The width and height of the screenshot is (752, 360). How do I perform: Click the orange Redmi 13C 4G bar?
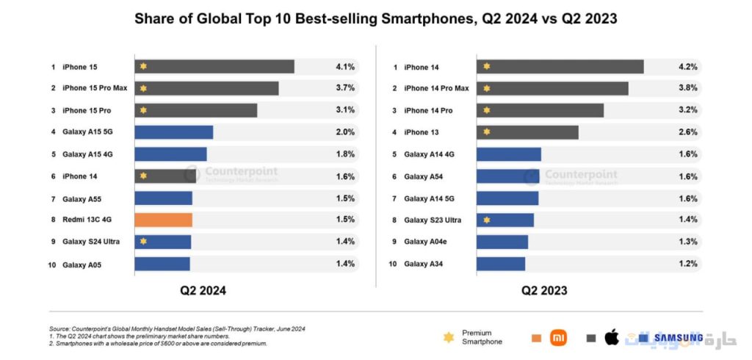pos(163,220)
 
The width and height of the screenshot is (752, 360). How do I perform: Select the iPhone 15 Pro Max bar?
pos(206,88)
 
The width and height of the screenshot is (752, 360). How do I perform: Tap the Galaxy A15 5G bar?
pos(173,132)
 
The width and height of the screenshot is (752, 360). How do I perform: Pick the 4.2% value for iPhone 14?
pos(687,67)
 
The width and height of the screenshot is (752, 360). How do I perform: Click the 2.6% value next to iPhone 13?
pos(687,132)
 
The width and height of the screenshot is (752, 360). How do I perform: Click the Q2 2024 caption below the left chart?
pos(203,290)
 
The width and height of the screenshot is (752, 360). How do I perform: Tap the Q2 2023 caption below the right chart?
pos(544,290)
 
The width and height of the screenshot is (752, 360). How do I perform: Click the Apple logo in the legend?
pos(611,337)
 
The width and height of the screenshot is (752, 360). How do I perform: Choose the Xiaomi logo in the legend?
pos(559,337)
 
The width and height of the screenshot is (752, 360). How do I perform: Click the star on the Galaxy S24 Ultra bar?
pos(143,241)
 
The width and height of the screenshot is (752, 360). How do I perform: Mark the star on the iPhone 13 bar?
pos(486,132)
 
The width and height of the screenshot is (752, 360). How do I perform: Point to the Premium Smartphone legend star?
pos(448,337)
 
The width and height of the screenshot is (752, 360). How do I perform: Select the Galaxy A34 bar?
pos(501,264)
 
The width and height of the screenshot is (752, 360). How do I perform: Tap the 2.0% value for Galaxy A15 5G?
pos(345,132)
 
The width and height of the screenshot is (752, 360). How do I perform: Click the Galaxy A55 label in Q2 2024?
pos(81,198)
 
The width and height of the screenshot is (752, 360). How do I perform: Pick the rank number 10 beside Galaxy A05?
pos(52,264)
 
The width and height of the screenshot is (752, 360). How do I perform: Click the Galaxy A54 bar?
pos(507,176)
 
